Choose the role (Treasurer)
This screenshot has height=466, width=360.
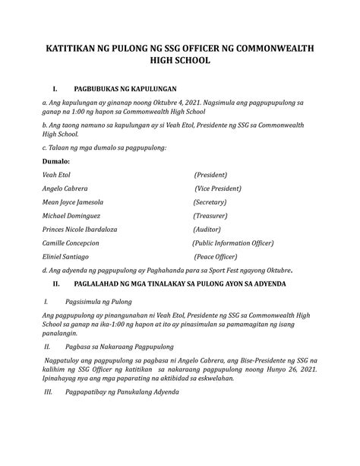[216, 217]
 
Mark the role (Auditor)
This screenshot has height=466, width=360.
[213, 230]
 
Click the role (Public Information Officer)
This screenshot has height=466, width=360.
[243, 243]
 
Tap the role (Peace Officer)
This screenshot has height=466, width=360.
[220, 257]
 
